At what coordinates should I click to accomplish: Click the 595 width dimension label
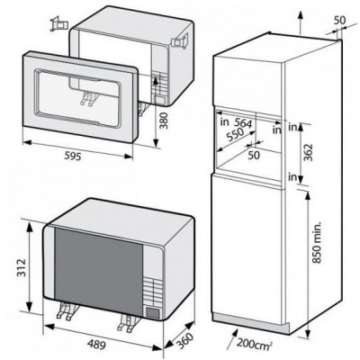click(73, 156)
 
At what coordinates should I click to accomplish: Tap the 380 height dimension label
click(164, 121)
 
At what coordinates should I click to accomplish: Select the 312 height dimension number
click(22, 267)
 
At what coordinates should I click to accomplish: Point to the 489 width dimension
click(96, 345)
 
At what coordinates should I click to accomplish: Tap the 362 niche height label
click(308, 153)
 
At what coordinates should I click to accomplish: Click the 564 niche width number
click(243, 123)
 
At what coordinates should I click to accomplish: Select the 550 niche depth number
click(235, 135)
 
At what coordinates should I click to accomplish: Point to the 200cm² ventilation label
click(255, 343)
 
